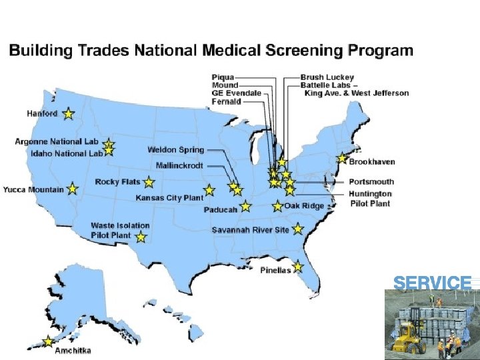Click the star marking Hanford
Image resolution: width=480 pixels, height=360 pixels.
[68, 114]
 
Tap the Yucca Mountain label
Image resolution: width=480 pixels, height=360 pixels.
[33, 189]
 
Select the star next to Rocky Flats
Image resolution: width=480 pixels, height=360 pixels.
[149, 182]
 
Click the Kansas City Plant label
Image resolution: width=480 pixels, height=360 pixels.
[169, 198]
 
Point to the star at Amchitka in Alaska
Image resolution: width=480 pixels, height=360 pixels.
[48, 341]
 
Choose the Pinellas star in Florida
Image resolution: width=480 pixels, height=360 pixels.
[297, 267]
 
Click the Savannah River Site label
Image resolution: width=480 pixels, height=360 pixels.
[250, 230]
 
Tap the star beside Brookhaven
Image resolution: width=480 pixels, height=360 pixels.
[342, 159]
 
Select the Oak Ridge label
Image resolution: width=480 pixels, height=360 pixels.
[304, 206]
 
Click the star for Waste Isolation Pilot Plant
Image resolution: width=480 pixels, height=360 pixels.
[141, 237]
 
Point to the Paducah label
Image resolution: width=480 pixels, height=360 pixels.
[221, 210]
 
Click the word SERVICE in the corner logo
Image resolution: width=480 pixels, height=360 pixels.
[432, 283]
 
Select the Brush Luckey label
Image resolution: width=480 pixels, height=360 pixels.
[327, 77]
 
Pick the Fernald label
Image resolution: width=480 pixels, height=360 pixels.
[226, 101]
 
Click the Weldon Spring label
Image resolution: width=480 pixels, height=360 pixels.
[176, 150]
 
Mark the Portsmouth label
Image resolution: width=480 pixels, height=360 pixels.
[371, 181]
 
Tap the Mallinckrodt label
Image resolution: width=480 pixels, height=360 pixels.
[180, 165]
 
